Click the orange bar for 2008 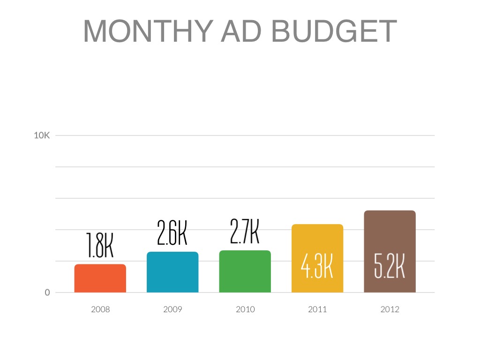(100, 278)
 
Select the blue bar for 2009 (172, 272)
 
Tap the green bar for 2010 (245, 271)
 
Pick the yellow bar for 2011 (317, 244)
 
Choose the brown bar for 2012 (390, 234)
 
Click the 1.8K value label (100, 246)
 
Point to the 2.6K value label (172, 233)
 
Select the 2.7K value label (245, 232)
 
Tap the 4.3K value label (317, 267)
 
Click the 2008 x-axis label (100, 309)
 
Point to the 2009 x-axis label (172, 309)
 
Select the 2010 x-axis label (245, 309)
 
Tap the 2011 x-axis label (317, 309)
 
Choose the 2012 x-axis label (390, 309)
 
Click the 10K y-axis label (42, 135)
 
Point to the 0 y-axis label (47, 292)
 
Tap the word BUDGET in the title (334, 31)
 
